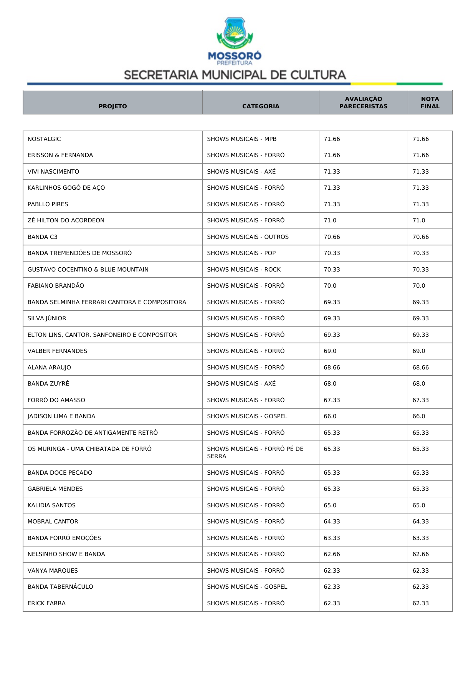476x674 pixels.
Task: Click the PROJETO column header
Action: click(x=112, y=106)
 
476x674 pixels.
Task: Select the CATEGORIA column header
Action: click(x=261, y=106)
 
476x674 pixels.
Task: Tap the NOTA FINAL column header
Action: click(x=430, y=103)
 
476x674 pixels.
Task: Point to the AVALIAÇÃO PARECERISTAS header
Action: click(x=363, y=103)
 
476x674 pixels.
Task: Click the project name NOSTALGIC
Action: click(x=44, y=139)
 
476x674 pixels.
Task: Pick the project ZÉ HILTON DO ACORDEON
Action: click(x=66, y=220)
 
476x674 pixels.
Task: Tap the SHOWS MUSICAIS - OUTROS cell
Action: click(x=248, y=237)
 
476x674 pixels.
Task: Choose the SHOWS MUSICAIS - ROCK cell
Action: click(x=244, y=270)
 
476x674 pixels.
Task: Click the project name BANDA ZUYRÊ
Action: click(x=48, y=384)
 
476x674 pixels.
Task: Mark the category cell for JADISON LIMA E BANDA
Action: click(x=247, y=416)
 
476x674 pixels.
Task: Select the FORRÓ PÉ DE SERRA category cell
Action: click(x=255, y=452)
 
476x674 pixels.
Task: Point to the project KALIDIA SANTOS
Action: click(x=51, y=505)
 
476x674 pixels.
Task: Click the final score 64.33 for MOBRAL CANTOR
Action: click(x=420, y=522)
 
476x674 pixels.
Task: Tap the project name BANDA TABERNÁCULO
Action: click(x=60, y=587)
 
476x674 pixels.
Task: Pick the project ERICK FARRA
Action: click(x=46, y=603)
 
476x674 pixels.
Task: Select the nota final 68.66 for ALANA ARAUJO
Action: click(x=420, y=368)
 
